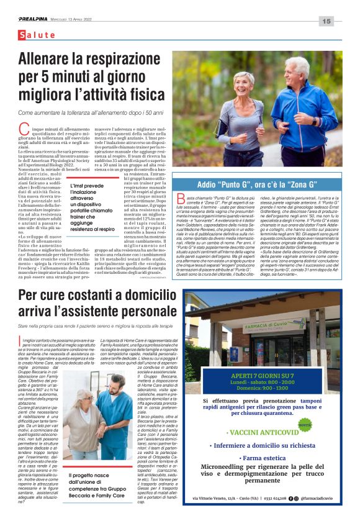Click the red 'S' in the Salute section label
pyautogui.click(x=22, y=35)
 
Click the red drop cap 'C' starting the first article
pyautogui.click(x=24, y=129)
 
